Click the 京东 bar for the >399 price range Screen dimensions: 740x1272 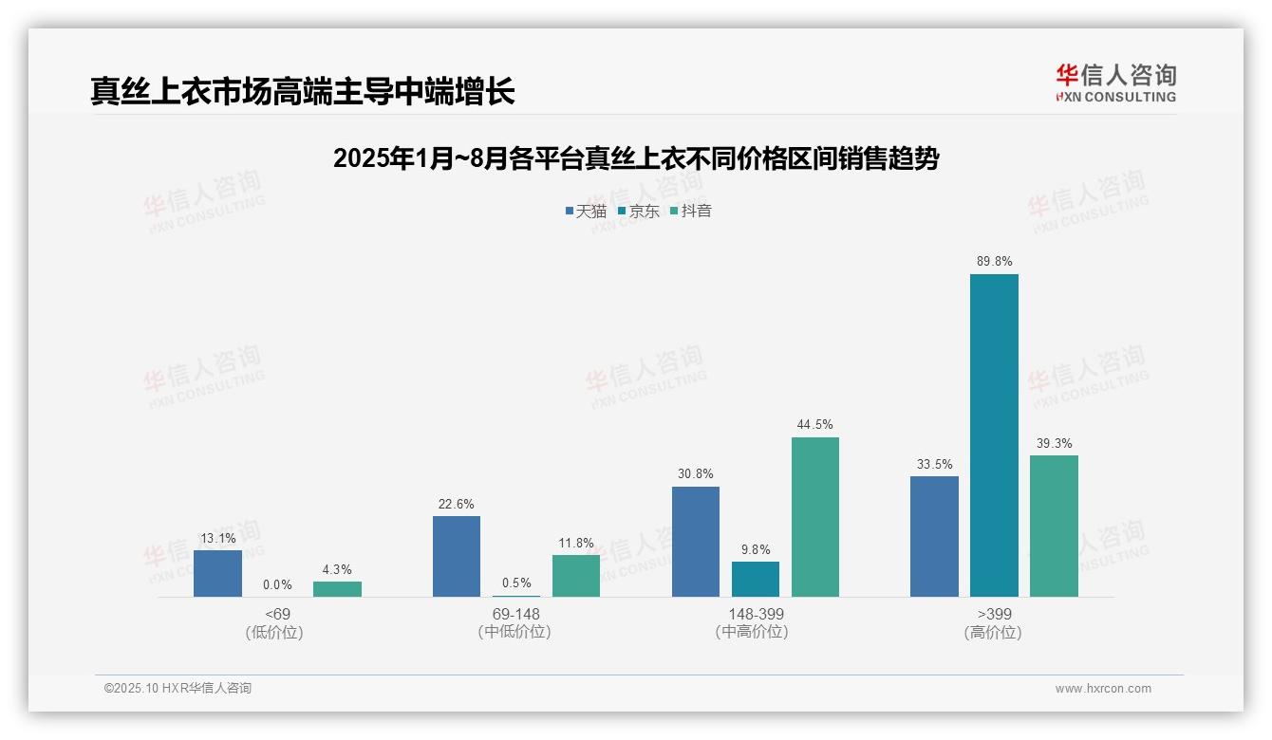[994, 435]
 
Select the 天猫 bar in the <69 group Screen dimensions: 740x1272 [217, 573]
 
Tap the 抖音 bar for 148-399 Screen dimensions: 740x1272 [815, 517]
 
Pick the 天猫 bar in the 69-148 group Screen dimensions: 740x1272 [457, 556]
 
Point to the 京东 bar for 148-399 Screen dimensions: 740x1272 [756, 579]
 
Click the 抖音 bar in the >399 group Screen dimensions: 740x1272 [1054, 526]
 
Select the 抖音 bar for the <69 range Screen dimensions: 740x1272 [337, 589]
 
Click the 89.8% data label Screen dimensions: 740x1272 [994, 261]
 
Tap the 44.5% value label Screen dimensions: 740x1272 [815, 424]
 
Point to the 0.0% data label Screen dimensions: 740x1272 [277, 584]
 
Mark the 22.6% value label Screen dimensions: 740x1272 [457, 504]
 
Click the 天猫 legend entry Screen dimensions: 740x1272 [586, 211]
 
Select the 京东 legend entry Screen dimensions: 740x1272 [639, 211]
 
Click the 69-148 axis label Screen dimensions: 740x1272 [516, 614]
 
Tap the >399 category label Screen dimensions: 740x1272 [994, 614]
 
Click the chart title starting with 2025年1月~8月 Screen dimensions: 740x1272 [636, 158]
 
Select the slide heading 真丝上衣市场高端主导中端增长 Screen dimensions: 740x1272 [303, 91]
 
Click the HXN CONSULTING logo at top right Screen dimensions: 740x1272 [1115, 83]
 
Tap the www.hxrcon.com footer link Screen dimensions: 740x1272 [1103, 689]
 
